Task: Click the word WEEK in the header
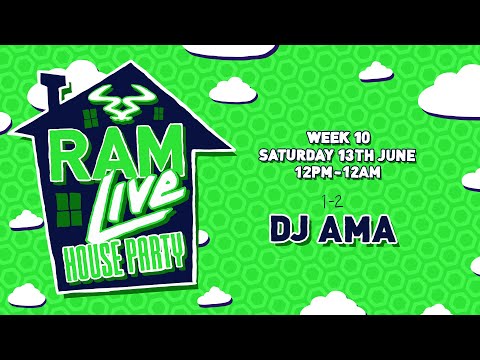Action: (327, 137)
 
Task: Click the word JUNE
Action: (397, 155)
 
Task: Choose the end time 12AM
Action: (364, 172)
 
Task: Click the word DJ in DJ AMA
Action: (291, 229)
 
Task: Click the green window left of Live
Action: (68, 209)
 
